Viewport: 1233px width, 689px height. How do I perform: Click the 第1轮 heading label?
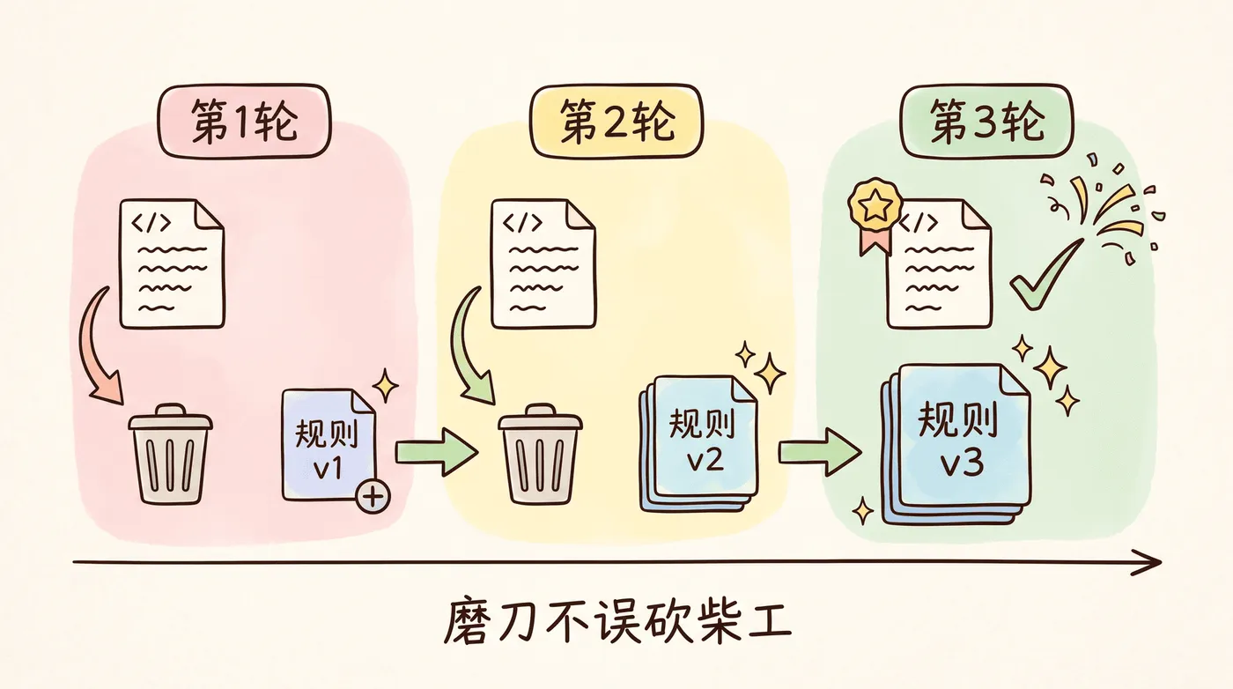pyautogui.click(x=245, y=121)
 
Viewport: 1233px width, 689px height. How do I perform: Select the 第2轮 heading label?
pyautogui.click(x=616, y=121)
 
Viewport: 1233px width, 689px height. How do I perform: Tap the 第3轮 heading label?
pyautogui.click(x=987, y=121)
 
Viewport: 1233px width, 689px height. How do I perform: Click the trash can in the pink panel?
pyautogui.click(x=170, y=455)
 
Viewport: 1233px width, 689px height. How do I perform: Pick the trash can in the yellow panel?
pyautogui.click(x=540, y=455)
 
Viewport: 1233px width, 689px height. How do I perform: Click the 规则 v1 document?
pyautogui.click(x=328, y=445)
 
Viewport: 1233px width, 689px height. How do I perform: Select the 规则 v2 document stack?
pyautogui.click(x=698, y=444)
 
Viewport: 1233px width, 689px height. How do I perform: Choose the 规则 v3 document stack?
pyautogui.click(x=956, y=444)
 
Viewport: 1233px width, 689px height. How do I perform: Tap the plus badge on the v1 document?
pyautogui.click(x=373, y=496)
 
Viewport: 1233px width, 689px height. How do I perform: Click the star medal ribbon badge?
pyautogui.click(x=875, y=215)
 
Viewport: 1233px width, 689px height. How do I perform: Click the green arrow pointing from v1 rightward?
pyautogui.click(x=437, y=452)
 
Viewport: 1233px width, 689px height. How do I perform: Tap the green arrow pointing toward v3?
pyautogui.click(x=820, y=452)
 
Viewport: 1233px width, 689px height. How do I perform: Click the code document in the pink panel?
pyautogui.click(x=173, y=263)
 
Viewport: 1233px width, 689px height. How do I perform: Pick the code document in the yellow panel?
pyautogui.click(x=543, y=263)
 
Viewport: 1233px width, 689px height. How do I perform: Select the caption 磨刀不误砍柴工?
pyautogui.click(x=617, y=623)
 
